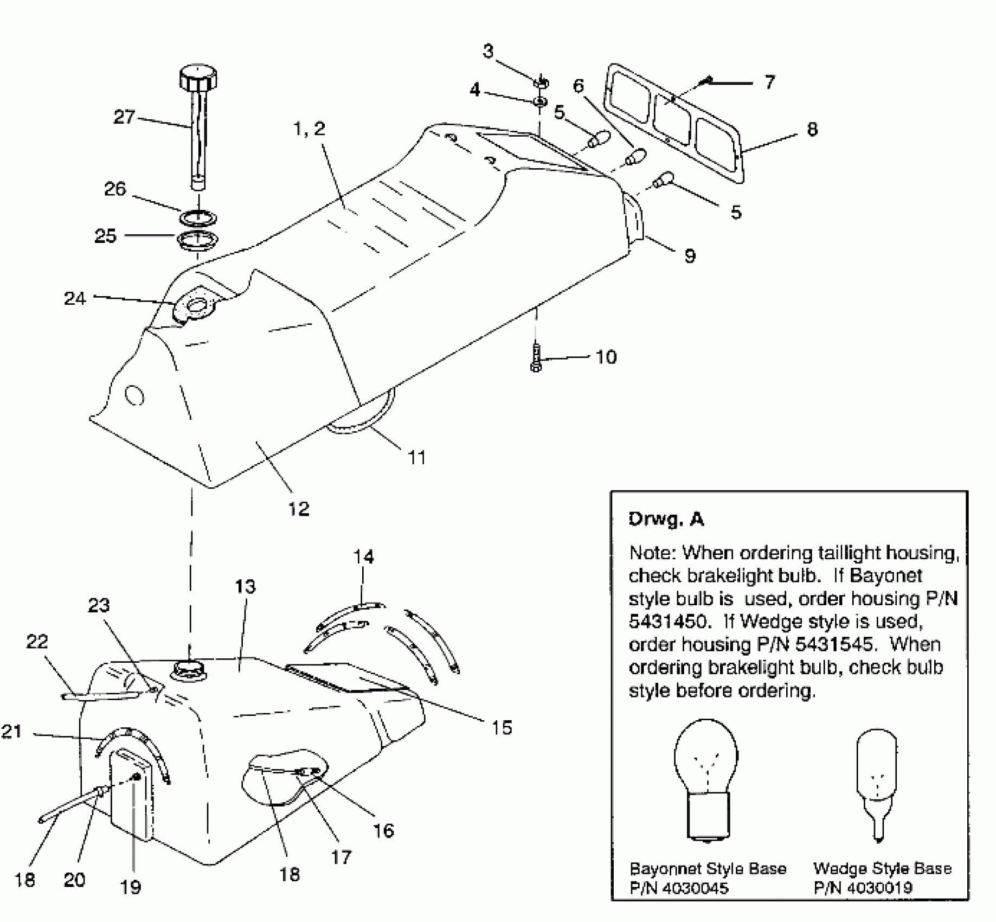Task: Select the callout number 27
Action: pyautogui.click(x=124, y=117)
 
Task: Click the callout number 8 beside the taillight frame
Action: pyautogui.click(x=812, y=129)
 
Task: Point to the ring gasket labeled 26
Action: pyautogui.click(x=198, y=217)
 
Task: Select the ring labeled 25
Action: pyautogui.click(x=198, y=240)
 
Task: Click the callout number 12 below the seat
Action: pyautogui.click(x=298, y=508)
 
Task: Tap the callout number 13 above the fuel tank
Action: pyautogui.click(x=245, y=586)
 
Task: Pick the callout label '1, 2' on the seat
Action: pyautogui.click(x=309, y=129)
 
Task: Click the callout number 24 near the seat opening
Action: pyautogui.click(x=75, y=298)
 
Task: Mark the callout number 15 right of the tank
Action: pyautogui.click(x=502, y=727)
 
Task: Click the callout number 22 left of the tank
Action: pyautogui.click(x=37, y=642)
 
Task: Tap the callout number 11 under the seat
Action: pyautogui.click(x=416, y=458)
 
